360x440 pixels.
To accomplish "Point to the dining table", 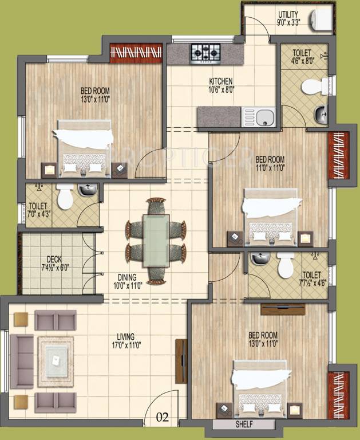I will (x=156, y=240).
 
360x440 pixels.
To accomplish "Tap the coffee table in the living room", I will (x=56, y=357).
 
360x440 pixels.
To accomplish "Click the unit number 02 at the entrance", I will (x=163, y=418).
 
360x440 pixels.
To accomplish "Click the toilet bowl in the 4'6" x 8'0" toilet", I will (x=314, y=87).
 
